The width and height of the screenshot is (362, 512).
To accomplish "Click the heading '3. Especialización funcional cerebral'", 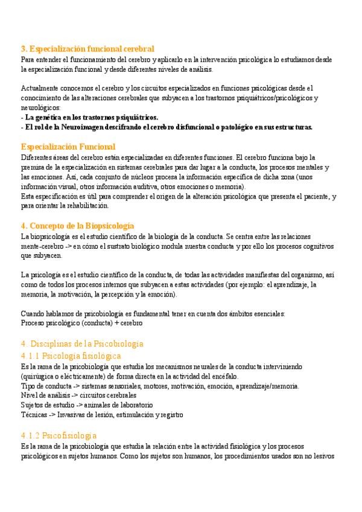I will (87, 48).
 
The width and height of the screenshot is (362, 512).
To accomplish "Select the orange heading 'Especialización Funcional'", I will (68, 147).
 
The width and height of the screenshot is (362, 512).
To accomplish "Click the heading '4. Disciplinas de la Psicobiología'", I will (82, 344).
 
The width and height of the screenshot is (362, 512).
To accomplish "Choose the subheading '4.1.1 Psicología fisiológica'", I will (71, 356).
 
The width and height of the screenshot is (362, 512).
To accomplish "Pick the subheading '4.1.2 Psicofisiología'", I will (58, 435).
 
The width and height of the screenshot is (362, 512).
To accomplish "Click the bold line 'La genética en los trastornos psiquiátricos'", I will (91, 117).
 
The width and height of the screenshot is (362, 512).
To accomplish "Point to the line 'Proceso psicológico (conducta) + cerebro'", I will (81, 323).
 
